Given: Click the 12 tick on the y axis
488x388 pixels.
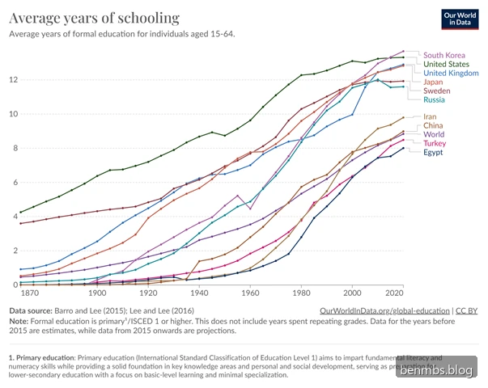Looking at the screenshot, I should pos(13,80).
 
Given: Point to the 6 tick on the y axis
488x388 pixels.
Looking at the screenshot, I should pos(15,182).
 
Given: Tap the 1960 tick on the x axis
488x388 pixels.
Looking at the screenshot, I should pos(250,293).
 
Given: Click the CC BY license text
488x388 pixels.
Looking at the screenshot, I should pos(466,310).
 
